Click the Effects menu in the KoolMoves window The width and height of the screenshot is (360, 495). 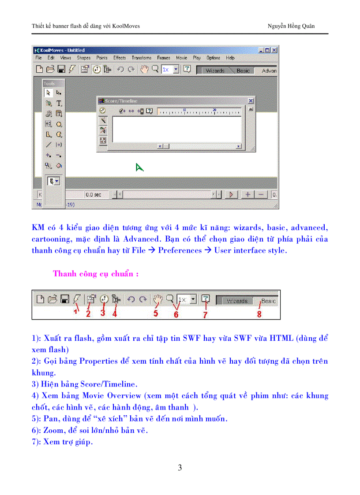[120, 58]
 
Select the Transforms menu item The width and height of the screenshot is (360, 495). [141, 58]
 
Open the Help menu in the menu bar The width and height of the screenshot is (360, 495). [230, 58]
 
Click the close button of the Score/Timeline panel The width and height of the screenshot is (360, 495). [251, 101]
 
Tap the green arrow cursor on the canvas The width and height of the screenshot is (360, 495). [139, 167]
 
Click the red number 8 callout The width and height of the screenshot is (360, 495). [259, 314]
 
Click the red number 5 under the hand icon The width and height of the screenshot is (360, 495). [155, 313]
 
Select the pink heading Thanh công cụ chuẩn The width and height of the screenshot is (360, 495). [96, 274]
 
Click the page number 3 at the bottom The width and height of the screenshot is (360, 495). [180, 468]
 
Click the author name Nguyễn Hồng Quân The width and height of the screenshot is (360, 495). [291, 26]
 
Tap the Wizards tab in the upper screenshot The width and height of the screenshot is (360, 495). [215, 71]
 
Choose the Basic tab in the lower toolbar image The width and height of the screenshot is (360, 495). [268, 301]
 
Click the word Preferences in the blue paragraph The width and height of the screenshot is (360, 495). [180, 250]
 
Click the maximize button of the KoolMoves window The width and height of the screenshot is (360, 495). [267, 50]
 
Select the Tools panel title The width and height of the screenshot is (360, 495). [49, 83]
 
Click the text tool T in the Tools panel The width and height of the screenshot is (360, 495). [59, 103]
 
